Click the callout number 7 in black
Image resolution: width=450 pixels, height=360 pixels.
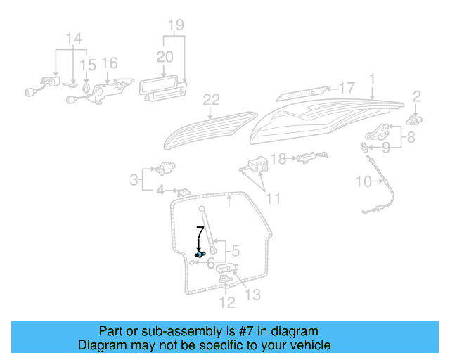tap(200, 230)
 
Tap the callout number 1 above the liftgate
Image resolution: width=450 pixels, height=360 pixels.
tap(372, 79)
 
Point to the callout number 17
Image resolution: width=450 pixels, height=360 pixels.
tap(347, 89)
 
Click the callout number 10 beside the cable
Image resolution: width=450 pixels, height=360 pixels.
tap(363, 182)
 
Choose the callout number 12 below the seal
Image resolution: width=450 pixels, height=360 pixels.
tap(226, 303)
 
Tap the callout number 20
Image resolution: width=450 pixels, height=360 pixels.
tap(164, 56)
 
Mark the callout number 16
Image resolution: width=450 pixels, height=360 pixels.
tap(110, 64)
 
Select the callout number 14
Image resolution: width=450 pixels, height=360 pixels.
tap(73, 37)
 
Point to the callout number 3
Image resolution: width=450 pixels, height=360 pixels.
tap(134, 180)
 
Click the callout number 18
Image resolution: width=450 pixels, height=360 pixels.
tap(279, 160)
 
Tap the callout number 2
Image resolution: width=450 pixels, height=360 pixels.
tap(416, 96)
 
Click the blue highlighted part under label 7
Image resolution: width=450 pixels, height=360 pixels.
tap(200, 253)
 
